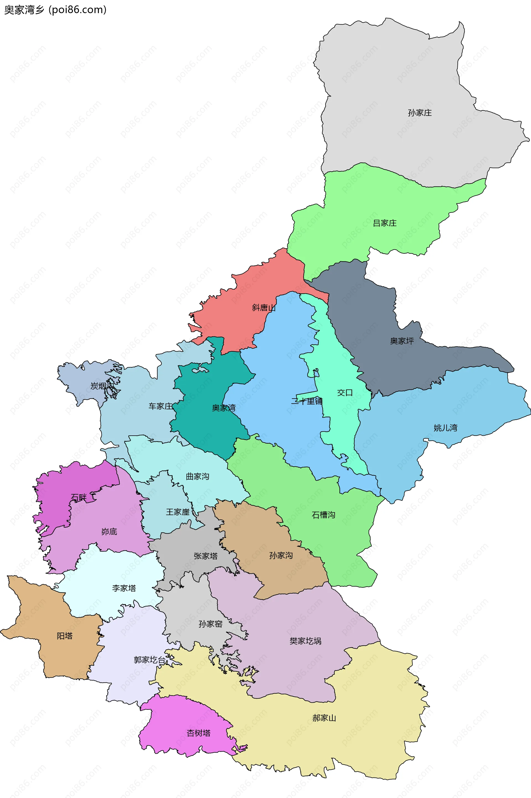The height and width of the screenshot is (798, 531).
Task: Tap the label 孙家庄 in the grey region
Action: pos(420,113)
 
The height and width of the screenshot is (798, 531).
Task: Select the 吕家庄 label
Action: pos(384,223)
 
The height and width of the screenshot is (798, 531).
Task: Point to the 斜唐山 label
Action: pos(264,308)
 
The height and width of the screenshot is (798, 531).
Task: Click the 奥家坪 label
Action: pos(402,341)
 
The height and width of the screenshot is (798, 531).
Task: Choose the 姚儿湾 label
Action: pos(445,428)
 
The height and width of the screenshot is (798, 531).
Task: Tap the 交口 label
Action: pos(345,393)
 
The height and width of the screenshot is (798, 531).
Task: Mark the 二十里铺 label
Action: pos(307,401)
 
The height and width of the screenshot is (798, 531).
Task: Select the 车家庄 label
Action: pos(160,406)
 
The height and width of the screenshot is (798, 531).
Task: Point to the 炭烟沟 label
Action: pos(101,386)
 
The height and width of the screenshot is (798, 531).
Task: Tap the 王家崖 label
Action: pos(178,512)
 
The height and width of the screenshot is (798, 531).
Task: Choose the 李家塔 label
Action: pos(124,588)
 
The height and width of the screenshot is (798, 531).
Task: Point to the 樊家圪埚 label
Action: pos(305,641)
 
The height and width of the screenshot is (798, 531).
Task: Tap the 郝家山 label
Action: pos(324,718)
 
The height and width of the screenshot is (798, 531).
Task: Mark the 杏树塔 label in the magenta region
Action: pos(199,733)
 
